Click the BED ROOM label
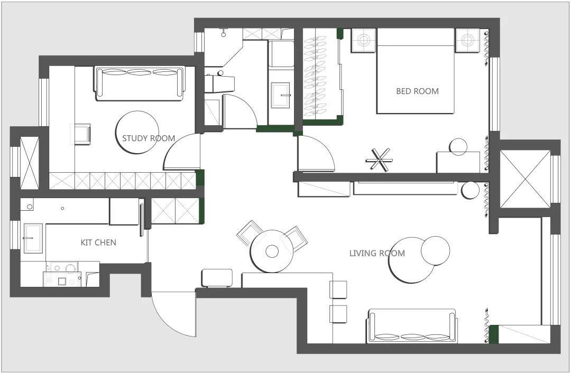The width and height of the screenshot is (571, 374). [417, 91]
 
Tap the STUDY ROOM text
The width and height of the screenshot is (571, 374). [149, 138]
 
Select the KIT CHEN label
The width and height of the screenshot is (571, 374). [98, 242]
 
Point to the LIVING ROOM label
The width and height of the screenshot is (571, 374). [377, 253]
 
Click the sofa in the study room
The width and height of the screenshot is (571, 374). [140, 83]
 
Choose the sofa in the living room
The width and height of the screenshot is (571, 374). [412, 326]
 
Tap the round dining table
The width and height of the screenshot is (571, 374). [272, 251]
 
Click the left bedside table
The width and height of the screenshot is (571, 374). [364, 40]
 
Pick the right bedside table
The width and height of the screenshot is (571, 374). [467, 40]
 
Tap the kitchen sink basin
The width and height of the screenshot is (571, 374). [33, 238]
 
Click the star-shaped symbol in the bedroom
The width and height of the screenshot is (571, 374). [380, 160]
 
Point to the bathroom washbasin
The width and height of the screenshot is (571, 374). [280, 95]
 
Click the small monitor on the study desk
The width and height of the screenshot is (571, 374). [82, 134]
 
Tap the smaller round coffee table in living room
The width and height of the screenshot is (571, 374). [435, 251]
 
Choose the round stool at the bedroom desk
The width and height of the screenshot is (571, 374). [458, 147]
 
